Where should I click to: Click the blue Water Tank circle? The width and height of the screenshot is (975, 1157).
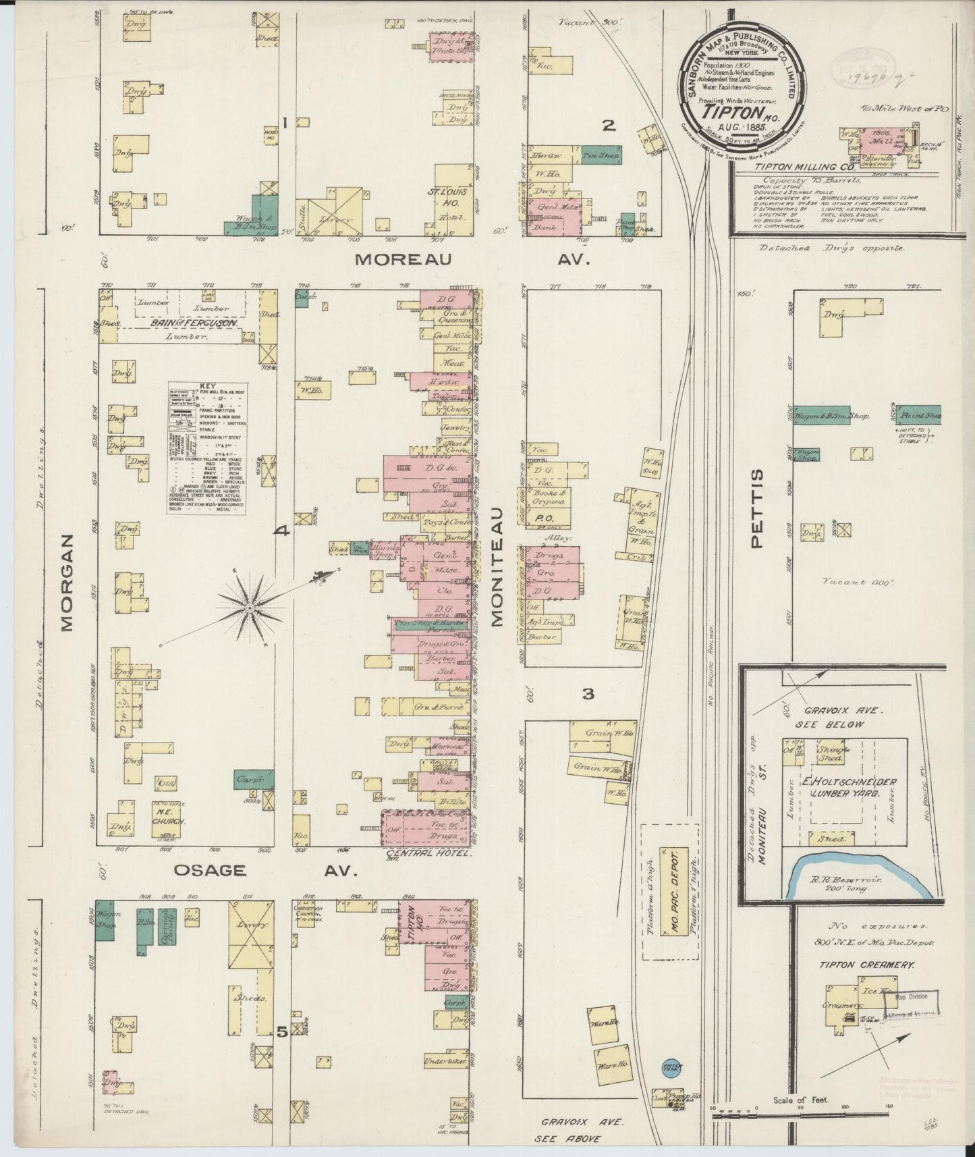click(x=672, y=1066)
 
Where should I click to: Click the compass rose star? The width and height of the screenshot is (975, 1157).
click(x=250, y=608)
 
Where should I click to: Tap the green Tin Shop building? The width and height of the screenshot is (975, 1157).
click(x=601, y=155)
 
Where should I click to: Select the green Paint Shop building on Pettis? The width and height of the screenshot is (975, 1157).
click(x=919, y=415)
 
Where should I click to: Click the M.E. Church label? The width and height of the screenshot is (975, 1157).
click(x=163, y=817)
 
